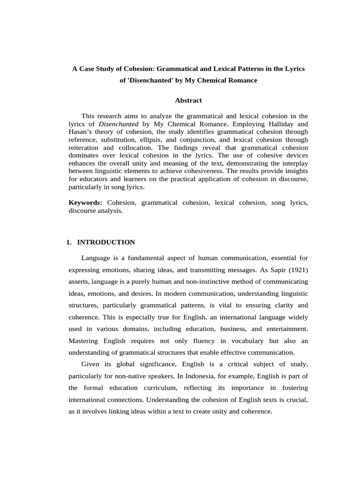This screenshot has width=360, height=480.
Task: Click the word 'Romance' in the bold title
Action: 241,80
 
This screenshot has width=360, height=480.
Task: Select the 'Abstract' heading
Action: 188,100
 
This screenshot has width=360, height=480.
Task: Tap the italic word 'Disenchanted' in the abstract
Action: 119,124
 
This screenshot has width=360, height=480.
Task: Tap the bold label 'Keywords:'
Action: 85,202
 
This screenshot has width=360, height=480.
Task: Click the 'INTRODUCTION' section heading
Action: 106,242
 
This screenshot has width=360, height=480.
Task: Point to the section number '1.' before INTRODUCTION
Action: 69,242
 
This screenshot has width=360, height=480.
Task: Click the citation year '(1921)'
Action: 296,270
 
